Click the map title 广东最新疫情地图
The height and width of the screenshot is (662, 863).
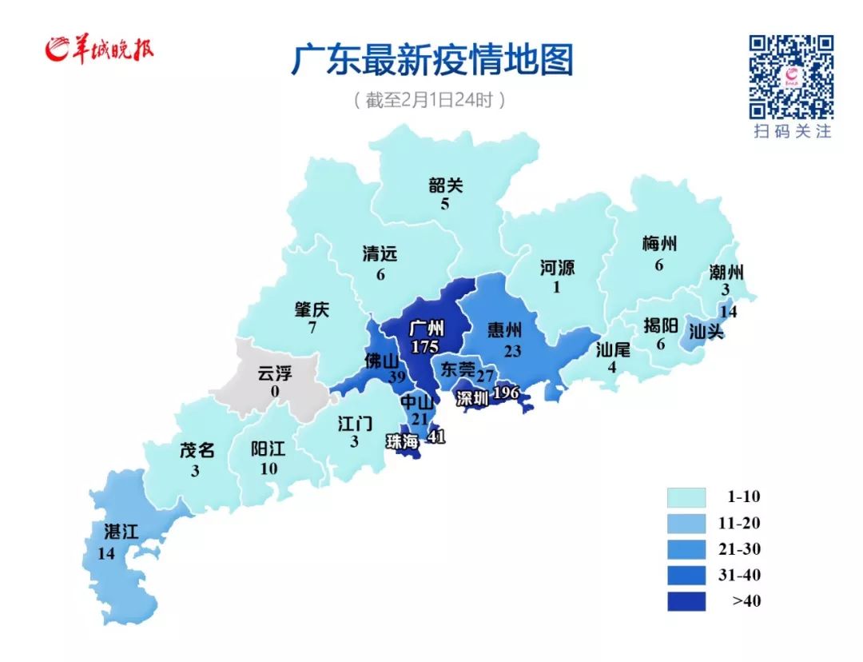[431, 61]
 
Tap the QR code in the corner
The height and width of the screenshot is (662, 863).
[791, 77]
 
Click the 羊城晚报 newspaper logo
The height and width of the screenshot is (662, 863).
[100, 50]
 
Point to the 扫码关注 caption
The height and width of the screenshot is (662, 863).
[792, 131]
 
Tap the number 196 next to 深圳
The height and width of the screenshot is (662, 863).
[507, 393]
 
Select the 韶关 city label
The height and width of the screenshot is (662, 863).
[445, 185]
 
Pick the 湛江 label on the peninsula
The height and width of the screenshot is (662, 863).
[121, 532]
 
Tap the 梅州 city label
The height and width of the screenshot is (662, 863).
[659, 244]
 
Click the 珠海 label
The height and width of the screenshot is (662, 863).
[404, 441]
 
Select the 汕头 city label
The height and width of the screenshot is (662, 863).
[706, 330]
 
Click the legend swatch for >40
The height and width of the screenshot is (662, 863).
[686, 601]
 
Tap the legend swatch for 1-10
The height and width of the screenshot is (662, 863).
[686, 497]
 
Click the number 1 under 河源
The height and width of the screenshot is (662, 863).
[557, 287]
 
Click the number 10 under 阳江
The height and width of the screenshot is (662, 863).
[268, 469]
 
